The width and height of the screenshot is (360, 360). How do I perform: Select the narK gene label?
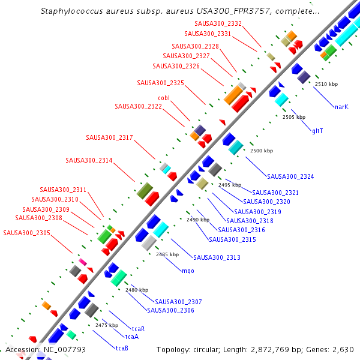point(341,107)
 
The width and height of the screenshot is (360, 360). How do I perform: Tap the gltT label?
point(318,130)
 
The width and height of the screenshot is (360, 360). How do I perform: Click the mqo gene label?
point(188,271)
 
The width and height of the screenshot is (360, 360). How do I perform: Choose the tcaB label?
point(122,348)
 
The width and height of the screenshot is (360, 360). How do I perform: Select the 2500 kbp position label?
point(261,151)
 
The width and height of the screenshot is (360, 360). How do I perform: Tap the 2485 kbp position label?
point(167,254)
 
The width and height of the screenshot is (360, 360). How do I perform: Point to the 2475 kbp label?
point(106,325)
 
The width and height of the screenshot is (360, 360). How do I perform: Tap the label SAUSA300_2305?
point(26,233)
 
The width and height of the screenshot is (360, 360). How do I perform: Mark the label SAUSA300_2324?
point(290,176)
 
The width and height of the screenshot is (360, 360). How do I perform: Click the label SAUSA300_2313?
point(217,257)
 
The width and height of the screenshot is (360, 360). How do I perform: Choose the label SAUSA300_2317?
point(109,137)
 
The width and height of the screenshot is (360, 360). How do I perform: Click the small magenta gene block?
point(83,262)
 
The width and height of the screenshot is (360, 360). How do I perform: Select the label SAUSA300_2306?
point(170,310)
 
